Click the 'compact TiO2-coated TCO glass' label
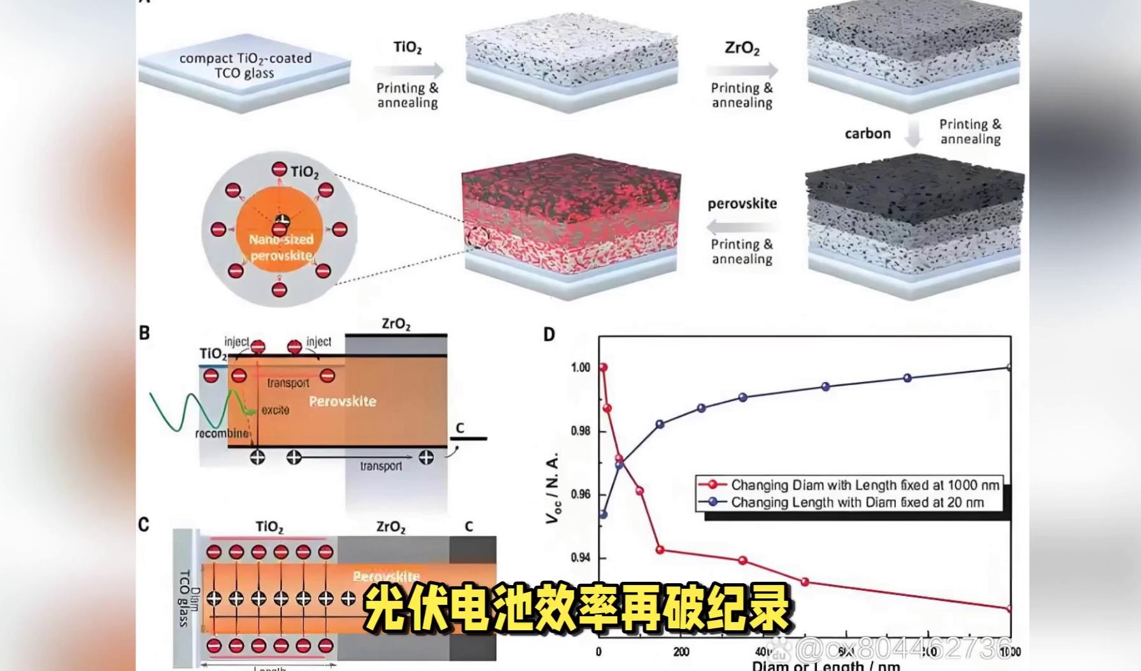(245, 66)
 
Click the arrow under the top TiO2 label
(408, 70)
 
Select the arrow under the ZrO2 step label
(742, 70)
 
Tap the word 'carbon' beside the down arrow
(867, 134)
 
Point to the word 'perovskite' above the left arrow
(742, 204)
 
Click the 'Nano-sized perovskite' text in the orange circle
(281, 248)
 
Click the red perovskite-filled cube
(570, 223)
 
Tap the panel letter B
(145, 333)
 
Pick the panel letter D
(549, 334)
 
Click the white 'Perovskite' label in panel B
(343, 402)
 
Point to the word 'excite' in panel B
(275, 411)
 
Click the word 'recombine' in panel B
(222, 434)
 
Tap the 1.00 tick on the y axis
(581, 367)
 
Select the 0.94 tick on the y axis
(581, 558)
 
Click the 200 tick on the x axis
(681, 651)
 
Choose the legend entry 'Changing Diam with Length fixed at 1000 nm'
(865, 485)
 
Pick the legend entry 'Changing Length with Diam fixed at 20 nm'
(857, 502)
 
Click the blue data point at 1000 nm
(1009, 367)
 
